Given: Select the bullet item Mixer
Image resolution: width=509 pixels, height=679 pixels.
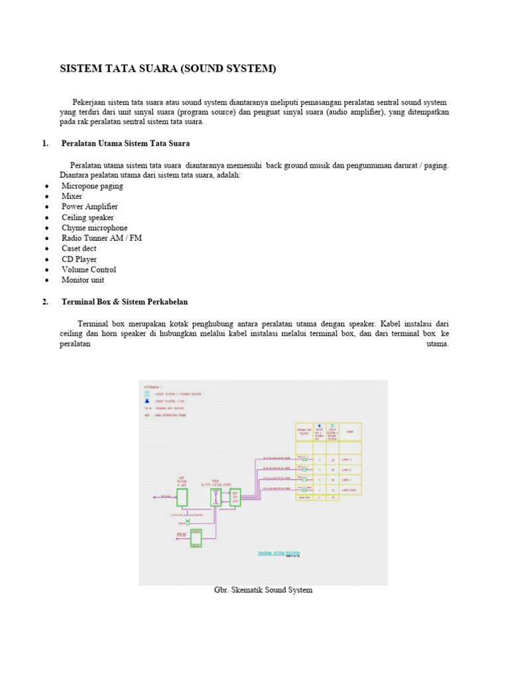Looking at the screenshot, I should (x=72, y=196).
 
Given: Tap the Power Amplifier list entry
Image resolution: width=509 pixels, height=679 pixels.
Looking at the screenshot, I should (x=89, y=207).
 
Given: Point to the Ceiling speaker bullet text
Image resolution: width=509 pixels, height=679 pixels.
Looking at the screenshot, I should (x=87, y=217).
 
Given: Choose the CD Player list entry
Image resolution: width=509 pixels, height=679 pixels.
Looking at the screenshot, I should (x=79, y=259).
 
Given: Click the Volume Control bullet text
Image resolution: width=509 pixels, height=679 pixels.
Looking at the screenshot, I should (x=89, y=270).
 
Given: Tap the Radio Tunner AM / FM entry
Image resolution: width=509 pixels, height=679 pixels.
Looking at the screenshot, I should (x=101, y=238).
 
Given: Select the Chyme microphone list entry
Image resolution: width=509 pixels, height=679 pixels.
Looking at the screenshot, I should (x=95, y=228).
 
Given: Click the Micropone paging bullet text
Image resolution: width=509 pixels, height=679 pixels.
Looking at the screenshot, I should (x=92, y=186).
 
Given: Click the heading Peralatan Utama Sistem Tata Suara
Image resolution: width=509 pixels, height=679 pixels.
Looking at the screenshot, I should (x=125, y=143).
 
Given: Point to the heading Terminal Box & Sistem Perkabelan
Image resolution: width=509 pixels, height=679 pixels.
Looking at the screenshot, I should (x=125, y=302).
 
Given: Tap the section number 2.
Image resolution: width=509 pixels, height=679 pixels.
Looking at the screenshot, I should (x=45, y=302).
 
